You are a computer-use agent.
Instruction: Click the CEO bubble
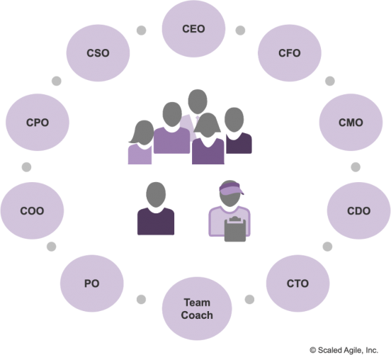pyautogui.click(x=194, y=28)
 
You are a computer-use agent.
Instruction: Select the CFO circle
pyautogui.click(x=290, y=53)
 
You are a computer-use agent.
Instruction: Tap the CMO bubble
pyautogui.click(x=351, y=123)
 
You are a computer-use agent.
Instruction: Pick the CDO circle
pyautogui.click(x=359, y=210)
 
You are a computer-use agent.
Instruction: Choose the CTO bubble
pyautogui.click(x=297, y=283)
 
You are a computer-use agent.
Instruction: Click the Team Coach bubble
pyautogui.click(x=197, y=308)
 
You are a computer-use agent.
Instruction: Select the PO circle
pyautogui.click(x=92, y=283)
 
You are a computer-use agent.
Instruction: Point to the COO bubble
pyautogui.click(x=32, y=210)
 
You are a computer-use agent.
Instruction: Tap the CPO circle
pyautogui.click(x=38, y=123)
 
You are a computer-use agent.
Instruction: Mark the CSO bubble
pyautogui.click(x=98, y=53)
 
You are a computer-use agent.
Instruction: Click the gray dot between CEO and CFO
pyautogui.click(x=240, y=30)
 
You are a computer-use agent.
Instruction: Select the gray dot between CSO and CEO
pyautogui.click(x=142, y=30)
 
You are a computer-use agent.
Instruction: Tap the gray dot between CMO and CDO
pyautogui.click(x=356, y=167)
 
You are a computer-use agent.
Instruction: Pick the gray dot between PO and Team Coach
pyautogui.click(x=141, y=299)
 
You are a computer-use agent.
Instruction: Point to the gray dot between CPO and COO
pyautogui.click(x=26, y=167)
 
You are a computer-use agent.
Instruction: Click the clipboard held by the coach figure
pyautogui.click(x=235, y=229)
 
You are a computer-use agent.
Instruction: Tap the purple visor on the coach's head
pyautogui.click(x=231, y=189)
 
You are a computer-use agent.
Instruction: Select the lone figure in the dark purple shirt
pyautogui.click(x=156, y=208)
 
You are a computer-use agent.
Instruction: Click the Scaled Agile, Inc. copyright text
pyautogui.click(x=344, y=350)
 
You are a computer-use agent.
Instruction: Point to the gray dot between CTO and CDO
pyautogui.click(x=327, y=247)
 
